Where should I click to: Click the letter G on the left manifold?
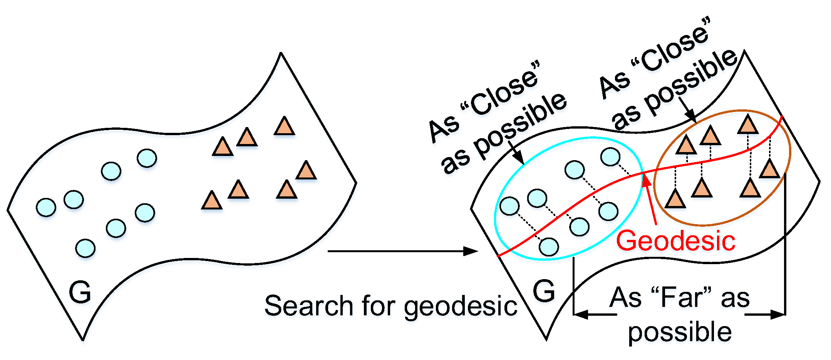(80, 292)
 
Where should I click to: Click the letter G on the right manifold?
(544, 291)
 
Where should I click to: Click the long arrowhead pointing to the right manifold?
(471, 251)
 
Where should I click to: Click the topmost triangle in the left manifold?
(284, 126)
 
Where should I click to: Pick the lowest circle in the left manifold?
(85, 248)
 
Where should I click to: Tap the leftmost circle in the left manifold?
(46, 208)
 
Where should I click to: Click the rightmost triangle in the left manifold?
(306, 171)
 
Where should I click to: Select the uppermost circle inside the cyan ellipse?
(610, 157)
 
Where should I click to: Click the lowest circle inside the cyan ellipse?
(549, 247)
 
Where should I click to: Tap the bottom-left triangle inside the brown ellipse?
(675, 199)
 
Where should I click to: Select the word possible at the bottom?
(680, 332)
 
